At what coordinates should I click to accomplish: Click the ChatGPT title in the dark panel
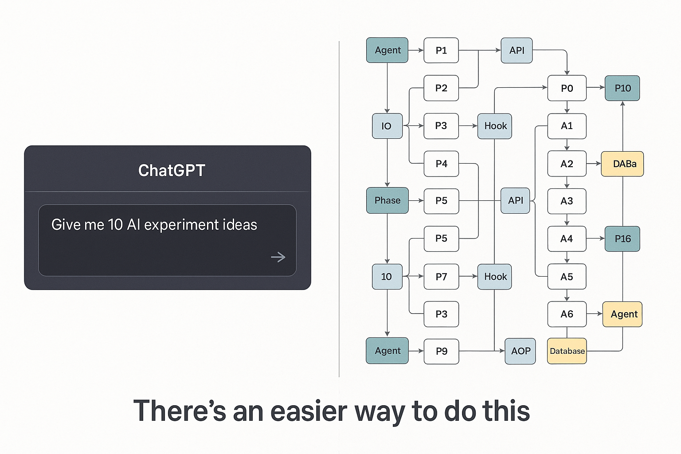[172, 170]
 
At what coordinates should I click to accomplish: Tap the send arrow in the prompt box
[278, 257]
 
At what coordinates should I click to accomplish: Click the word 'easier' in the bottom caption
[309, 411]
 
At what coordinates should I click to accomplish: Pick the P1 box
[441, 51]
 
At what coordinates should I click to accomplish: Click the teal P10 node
[622, 88]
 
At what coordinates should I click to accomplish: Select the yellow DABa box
[622, 164]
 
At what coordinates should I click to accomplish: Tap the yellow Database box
[567, 351]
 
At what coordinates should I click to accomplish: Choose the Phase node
[387, 200]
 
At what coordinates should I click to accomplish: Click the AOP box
[520, 351]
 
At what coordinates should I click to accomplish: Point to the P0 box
[567, 88]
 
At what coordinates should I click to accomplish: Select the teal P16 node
[622, 239]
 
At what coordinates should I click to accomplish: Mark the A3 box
[567, 201]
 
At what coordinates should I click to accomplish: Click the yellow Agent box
[622, 314]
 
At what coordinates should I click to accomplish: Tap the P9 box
[441, 351]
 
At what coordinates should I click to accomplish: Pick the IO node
[387, 126]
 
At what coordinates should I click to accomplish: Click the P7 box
[441, 277]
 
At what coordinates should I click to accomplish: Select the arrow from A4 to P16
[595, 239]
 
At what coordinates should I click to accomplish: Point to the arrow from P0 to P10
[595, 88]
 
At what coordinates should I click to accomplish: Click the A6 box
[567, 314]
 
